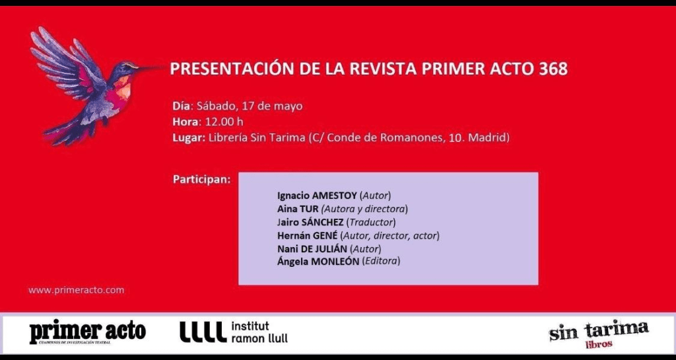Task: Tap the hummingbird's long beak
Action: [x=151, y=67]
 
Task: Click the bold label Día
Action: [x=181, y=106]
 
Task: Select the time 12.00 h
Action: [x=224, y=122]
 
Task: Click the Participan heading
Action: [x=201, y=180]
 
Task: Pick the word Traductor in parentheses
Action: [x=372, y=223]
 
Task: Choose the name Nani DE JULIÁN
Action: [x=312, y=248]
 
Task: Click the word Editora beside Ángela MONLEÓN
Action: [x=381, y=262]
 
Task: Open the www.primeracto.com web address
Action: [x=77, y=290]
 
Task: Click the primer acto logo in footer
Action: [x=88, y=333]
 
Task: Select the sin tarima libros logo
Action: [x=599, y=334]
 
